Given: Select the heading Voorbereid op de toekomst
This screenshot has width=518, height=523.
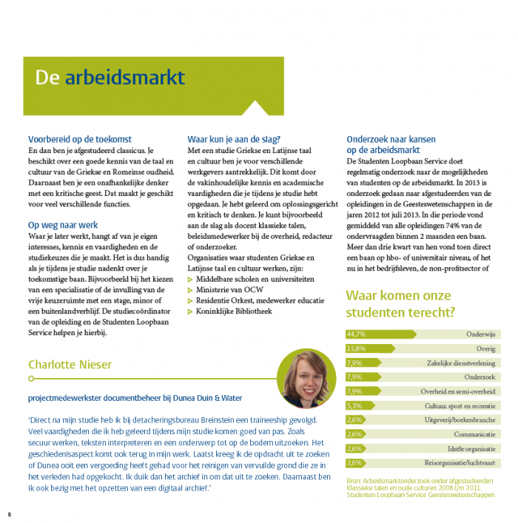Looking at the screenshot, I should click(x=79, y=139).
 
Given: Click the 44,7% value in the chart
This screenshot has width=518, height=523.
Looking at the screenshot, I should click(x=357, y=334).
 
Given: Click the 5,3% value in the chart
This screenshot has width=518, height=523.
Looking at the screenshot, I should click(x=354, y=405).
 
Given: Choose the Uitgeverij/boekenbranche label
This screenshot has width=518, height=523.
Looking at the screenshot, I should click(x=460, y=420).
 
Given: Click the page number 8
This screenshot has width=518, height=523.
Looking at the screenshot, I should click(x=10, y=513).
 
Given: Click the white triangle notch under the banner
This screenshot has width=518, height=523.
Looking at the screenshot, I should click(x=255, y=109).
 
